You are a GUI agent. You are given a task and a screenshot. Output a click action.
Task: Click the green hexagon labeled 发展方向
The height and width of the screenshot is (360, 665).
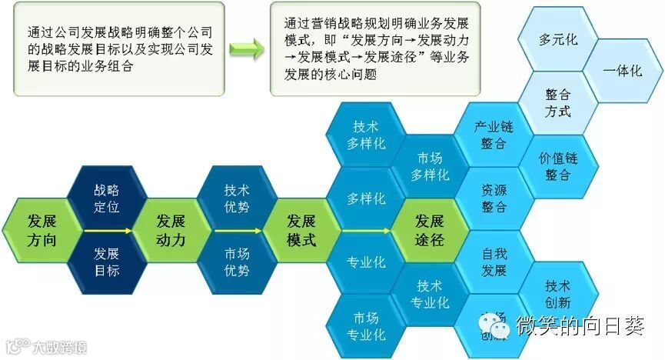point(42,229)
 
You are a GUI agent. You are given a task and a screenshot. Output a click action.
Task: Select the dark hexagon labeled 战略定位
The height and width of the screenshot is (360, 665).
point(107,198)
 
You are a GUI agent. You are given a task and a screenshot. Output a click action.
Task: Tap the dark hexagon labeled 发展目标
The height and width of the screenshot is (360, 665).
point(107,262)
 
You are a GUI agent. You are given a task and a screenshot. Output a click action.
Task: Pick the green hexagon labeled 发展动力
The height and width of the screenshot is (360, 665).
point(171,229)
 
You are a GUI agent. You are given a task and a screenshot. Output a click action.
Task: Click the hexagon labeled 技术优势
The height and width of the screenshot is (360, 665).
point(237,198)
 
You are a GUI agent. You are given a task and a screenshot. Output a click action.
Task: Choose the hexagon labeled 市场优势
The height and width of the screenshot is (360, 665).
point(237,262)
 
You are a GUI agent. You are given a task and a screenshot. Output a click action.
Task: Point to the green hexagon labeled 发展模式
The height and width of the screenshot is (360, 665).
point(301,229)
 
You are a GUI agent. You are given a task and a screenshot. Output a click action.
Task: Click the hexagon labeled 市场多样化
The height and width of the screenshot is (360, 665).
point(430,166)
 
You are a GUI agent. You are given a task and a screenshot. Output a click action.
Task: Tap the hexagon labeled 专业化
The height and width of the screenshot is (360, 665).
point(366,262)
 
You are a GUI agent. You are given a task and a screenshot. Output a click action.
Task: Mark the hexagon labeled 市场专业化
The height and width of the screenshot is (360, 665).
point(366,326)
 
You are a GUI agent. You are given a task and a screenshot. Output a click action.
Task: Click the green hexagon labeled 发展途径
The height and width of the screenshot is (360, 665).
point(430,229)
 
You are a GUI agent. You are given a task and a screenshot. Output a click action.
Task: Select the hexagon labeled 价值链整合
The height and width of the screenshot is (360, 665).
point(559,166)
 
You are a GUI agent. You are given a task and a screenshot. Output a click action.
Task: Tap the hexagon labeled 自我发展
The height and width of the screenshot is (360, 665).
point(494,262)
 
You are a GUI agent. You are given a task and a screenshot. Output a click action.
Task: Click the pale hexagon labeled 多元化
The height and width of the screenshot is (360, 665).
point(559,38)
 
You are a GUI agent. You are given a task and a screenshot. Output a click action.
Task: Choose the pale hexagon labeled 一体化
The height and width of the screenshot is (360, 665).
point(623,70)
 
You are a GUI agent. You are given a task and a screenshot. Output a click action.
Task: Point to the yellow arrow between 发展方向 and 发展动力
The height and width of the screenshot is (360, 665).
point(107,229)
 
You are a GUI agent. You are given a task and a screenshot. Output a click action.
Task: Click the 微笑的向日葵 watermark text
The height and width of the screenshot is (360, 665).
point(580,326)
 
